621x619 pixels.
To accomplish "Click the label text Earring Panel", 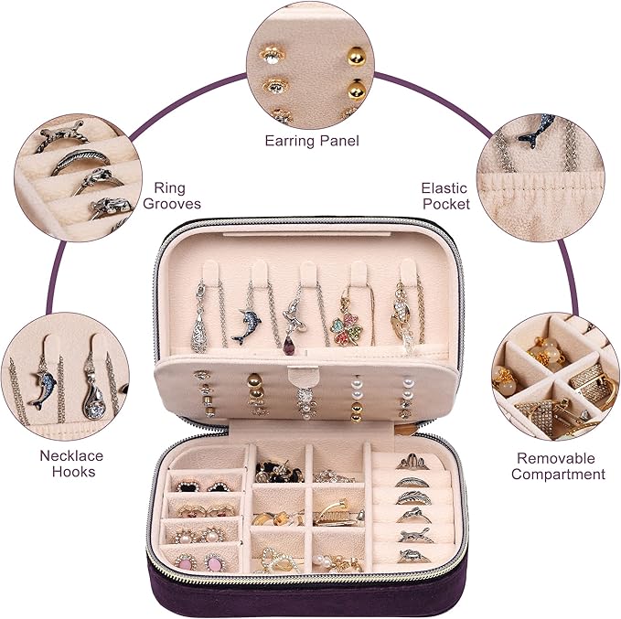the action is [x=312, y=141].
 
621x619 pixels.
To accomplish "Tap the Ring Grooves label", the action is [x=172, y=196].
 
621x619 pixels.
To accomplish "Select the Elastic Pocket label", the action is [x=445, y=196].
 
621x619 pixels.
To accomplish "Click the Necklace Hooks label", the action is [x=71, y=464].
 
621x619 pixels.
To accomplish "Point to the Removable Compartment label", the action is [x=558, y=466].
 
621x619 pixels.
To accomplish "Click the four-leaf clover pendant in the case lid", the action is [x=347, y=328].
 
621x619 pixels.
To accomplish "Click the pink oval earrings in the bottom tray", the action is [x=201, y=562].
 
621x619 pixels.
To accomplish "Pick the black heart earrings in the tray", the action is [x=200, y=486].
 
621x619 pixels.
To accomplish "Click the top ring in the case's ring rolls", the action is [x=412, y=462].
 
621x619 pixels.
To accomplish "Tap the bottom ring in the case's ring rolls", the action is [x=414, y=555].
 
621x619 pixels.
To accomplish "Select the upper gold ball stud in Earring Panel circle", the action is [x=357, y=57].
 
